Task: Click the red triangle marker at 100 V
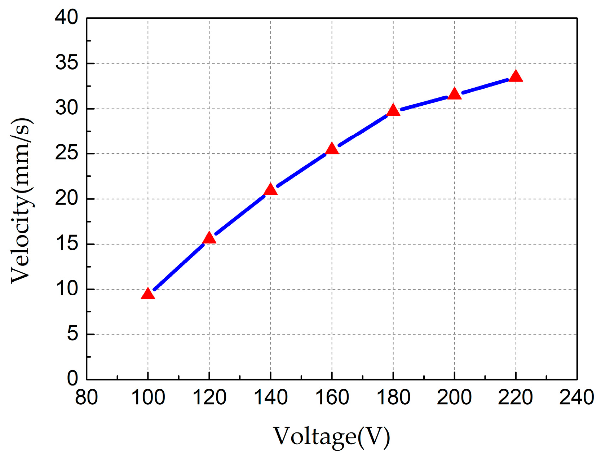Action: [x=148, y=294]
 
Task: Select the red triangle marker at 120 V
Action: [x=209, y=238]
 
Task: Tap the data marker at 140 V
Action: [x=270, y=190]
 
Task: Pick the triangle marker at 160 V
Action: [x=332, y=149]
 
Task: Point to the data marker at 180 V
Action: [x=393, y=110]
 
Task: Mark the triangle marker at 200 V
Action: [x=454, y=94]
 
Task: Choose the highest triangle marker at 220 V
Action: [x=516, y=76]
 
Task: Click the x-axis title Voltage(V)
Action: [x=331, y=436]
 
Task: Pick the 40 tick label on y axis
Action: [x=67, y=17]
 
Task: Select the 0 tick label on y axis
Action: [x=72, y=379]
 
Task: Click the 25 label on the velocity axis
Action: [x=67, y=154]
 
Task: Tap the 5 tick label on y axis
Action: [x=72, y=334]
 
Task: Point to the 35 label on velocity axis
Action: [x=67, y=63]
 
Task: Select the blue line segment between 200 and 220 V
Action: [x=485, y=85]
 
